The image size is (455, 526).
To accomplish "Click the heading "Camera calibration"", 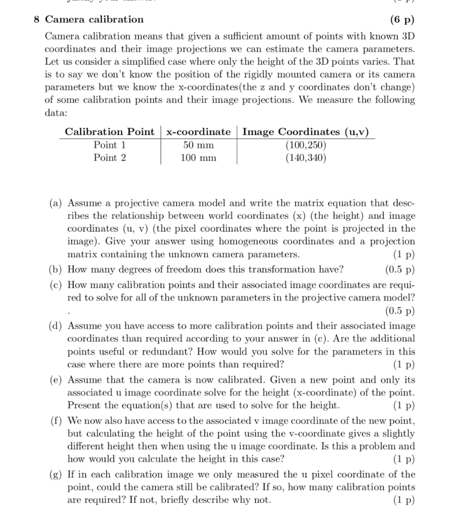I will pyautogui.click(x=94, y=20).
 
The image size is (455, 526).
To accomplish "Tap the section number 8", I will pyautogui.click(x=36, y=20).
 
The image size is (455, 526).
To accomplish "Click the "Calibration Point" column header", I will pyautogui.click(x=109, y=132).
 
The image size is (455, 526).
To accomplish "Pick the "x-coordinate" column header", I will pyautogui.click(x=199, y=132).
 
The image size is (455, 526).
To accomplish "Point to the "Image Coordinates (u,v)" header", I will pyautogui.click(x=306, y=132).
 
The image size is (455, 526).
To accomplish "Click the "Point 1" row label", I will pyautogui.click(x=109, y=145).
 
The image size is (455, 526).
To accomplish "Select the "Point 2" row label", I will pyautogui.click(x=109, y=158).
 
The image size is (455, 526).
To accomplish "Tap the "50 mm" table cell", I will pyautogui.click(x=199, y=145).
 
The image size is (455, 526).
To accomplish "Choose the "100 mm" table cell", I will pyautogui.click(x=199, y=158).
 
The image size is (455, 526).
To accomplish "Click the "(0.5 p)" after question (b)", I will pyautogui.click(x=400, y=269).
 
